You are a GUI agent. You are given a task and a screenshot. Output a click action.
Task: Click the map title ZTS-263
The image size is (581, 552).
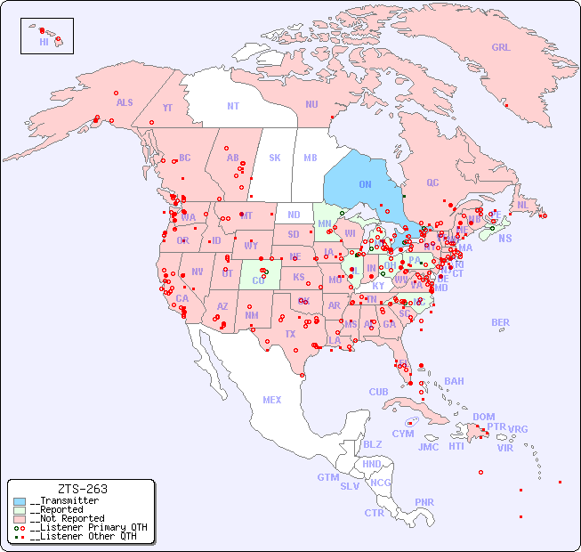click(82, 489)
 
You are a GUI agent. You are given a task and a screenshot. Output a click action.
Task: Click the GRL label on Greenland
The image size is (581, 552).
click(501, 48)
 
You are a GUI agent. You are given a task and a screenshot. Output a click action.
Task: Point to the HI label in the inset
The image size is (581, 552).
click(44, 41)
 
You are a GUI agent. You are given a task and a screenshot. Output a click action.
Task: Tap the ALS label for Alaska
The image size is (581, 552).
click(125, 102)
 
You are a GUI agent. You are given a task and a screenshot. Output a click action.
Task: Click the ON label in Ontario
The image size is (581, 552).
click(365, 184)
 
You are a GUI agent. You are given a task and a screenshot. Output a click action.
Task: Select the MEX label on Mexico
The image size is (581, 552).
click(272, 400)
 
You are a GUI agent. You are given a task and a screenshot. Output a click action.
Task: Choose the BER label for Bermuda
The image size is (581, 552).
click(501, 322)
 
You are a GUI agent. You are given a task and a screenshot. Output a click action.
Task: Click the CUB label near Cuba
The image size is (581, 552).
click(379, 392)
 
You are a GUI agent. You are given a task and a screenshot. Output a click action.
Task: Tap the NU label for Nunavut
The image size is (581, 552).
click(311, 104)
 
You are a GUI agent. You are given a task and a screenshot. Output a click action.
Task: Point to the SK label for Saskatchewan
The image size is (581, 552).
click(275, 158)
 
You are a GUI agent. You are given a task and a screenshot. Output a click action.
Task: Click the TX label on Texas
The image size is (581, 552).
click(289, 334)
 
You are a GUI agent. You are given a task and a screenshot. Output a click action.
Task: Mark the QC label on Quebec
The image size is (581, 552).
click(432, 183)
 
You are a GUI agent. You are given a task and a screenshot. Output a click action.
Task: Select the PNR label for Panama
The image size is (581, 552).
click(424, 502)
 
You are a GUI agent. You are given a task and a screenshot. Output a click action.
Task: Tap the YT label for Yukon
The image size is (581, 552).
click(167, 108)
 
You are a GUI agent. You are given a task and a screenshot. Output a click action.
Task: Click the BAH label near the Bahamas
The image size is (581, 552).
click(454, 381)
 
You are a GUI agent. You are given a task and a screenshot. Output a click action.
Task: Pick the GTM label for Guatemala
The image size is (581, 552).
click(327, 477)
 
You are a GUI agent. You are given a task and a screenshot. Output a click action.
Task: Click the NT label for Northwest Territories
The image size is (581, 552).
click(233, 105)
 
